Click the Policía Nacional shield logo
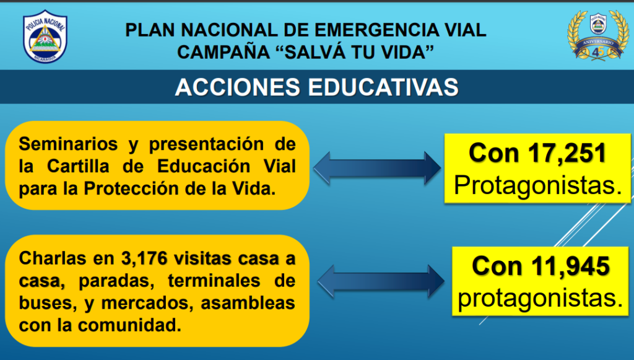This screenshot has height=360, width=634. (x=45, y=37)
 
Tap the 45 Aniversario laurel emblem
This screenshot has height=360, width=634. (x=598, y=35)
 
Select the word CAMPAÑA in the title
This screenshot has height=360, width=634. (x=224, y=52)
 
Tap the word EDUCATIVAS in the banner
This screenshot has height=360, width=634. (x=383, y=87)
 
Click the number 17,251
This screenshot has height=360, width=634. (x=567, y=153)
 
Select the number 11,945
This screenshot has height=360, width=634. (x=570, y=266)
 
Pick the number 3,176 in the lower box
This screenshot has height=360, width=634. (x=144, y=258)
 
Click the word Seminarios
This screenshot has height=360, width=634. (x=68, y=144)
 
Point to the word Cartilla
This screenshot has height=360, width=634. (x=78, y=166)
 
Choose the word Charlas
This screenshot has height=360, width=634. (x=53, y=258)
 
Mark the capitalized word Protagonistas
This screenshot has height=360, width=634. (x=538, y=186)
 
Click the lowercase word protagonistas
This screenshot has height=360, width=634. (x=541, y=299)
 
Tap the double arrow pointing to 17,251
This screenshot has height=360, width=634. (x=377, y=169)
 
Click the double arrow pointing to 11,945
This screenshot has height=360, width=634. (x=381, y=281)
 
